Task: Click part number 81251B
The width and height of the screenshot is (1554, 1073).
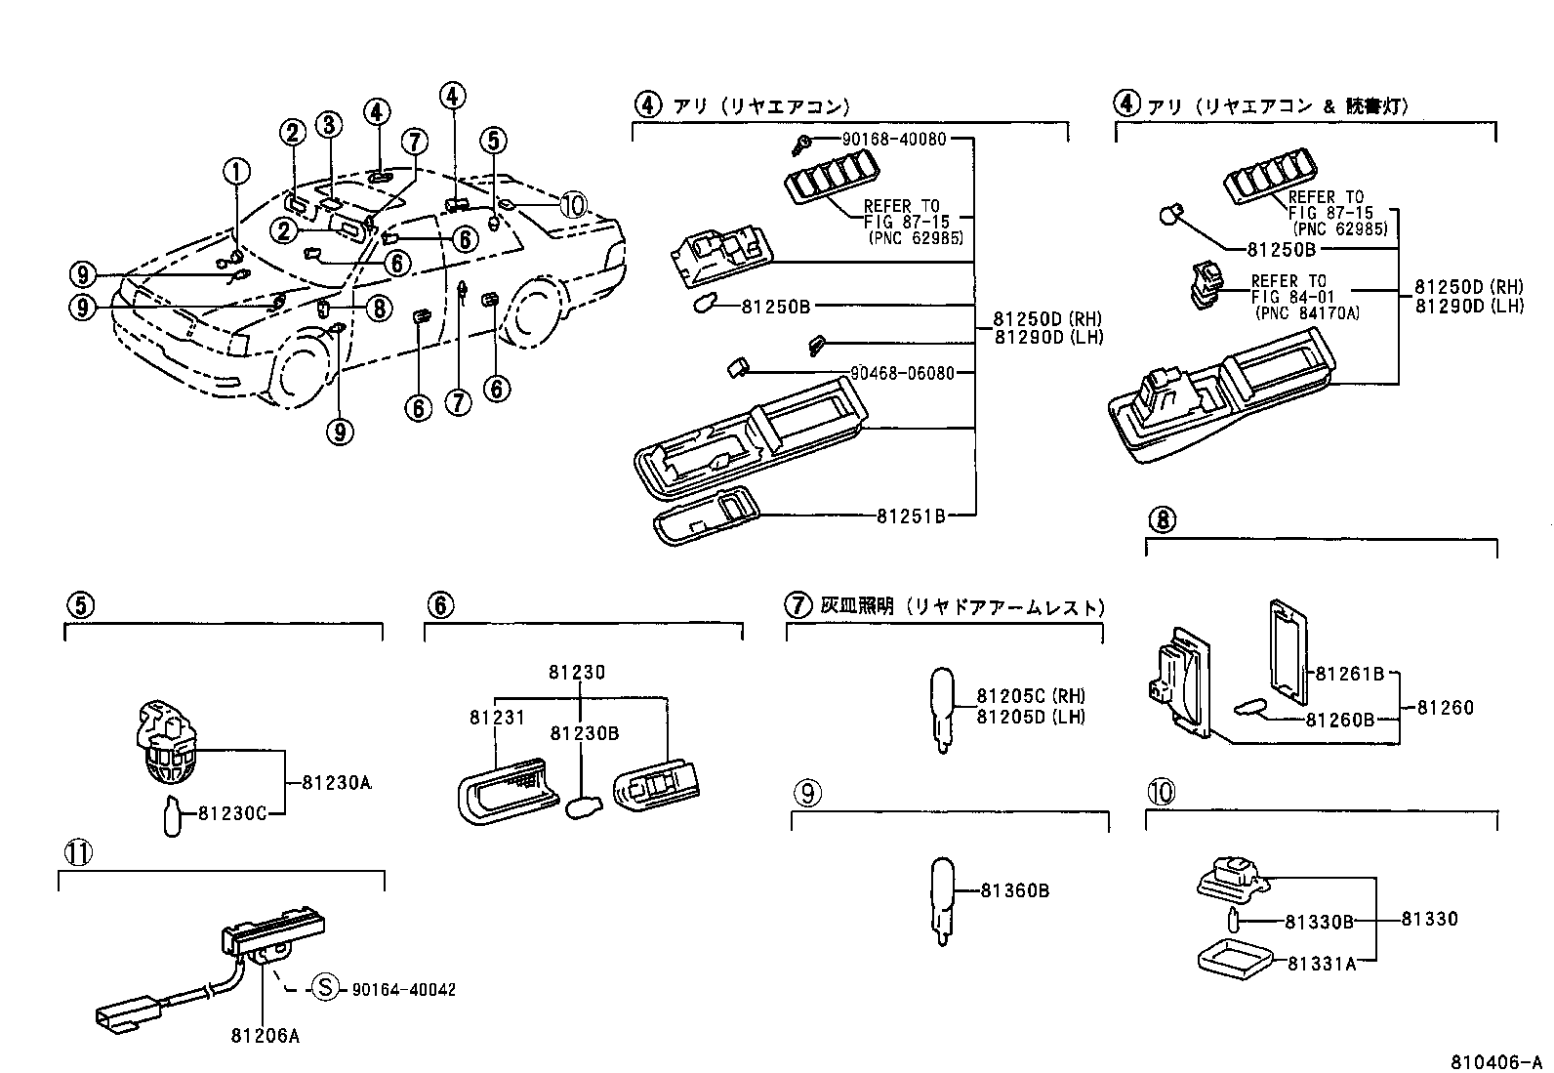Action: coord(910,516)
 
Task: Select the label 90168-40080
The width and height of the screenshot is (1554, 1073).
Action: coord(894,140)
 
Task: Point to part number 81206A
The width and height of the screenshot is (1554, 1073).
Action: coord(265,1036)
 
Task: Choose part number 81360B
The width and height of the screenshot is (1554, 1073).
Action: coord(1014,890)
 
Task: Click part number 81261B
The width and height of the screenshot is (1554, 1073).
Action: coord(1349,673)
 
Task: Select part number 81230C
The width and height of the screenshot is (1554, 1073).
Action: coord(231,812)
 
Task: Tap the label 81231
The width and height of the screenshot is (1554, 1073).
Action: coord(497,718)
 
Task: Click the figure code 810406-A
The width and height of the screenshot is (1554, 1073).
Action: coord(1494,1061)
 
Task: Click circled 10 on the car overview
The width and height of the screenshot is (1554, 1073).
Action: coord(573,205)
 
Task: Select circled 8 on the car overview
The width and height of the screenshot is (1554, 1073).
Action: coord(378,309)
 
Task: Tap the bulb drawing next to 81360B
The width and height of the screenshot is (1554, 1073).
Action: coord(942,898)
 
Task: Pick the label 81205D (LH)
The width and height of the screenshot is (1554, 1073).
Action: coord(1030,717)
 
